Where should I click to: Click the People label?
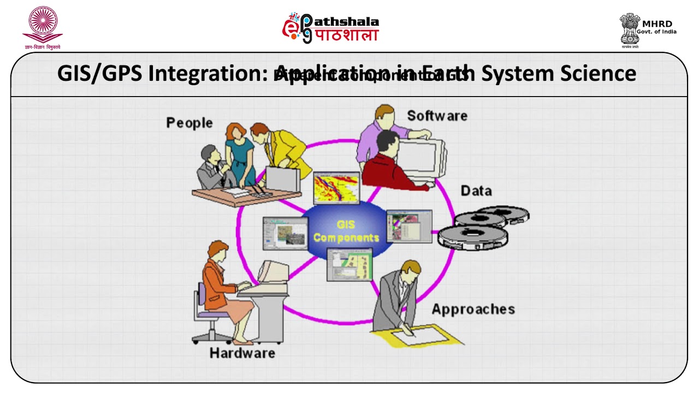[x=189, y=123]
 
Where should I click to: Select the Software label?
[x=437, y=116]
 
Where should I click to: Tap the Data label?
[x=476, y=190]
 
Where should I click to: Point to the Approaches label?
[x=473, y=309]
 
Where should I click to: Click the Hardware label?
[x=242, y=353]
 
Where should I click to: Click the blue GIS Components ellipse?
[x=346, y=231]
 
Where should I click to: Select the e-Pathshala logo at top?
[x=330, y=28]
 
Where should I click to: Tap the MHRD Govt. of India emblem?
[x=630, y=28]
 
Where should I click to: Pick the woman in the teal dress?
[x=239, y=153]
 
